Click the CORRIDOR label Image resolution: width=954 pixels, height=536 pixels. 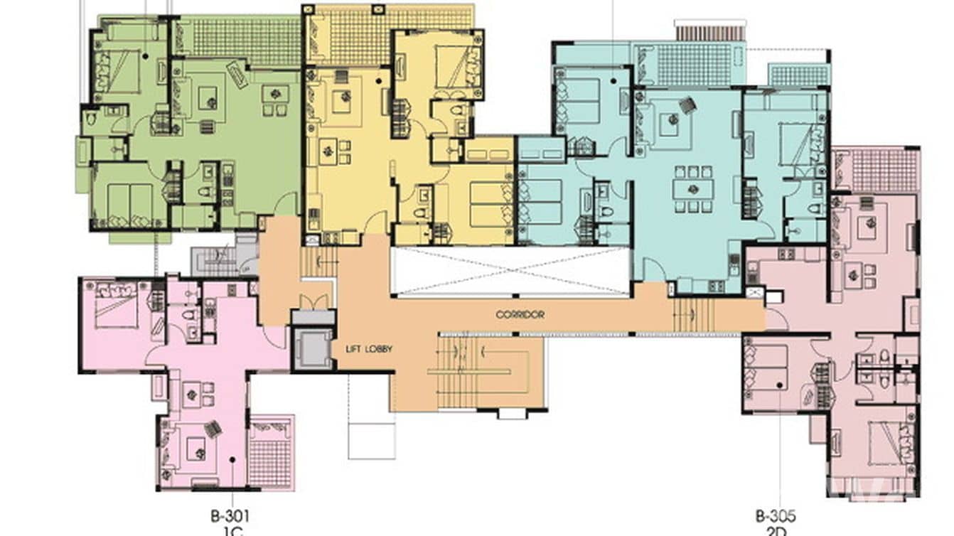pyautogui.click(x=520, y=313)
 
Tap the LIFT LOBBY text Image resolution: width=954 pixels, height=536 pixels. pyautogui.click(x=369, y=349)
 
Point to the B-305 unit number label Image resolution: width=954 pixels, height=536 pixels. pyautogui.click(x=775, y=515)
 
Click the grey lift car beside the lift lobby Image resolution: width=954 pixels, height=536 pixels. pyautogui.click(x=313, y=349)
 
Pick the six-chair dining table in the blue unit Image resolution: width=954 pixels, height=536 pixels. pyautogui.click(x=692, y=189)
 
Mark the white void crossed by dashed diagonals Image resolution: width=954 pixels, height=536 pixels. pyautogui.click(x=510, y=271)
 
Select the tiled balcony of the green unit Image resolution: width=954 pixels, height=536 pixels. pyautogui.click(x=238, y=41)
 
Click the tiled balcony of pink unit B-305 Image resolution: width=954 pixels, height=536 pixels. pyautogui.click(x=881, y=170)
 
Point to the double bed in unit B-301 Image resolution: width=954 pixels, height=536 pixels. pyautogui.click(x=116, y=306)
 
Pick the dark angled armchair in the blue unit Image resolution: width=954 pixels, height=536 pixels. pyautogui.click(x=687, y=105)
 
